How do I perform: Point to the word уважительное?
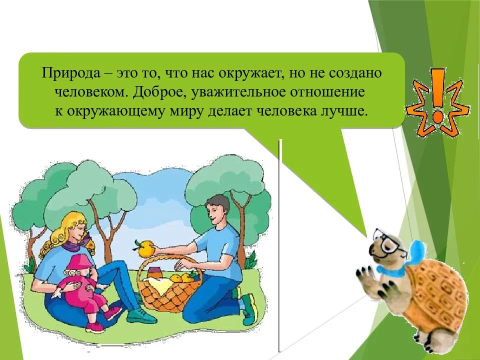click(x=238, y=92)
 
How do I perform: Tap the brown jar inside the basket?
click(x=156, y=272)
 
